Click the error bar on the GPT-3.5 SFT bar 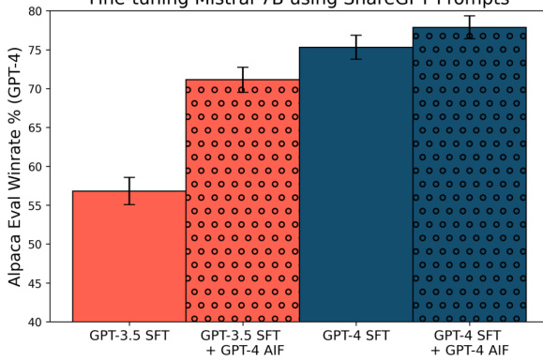[129, 190]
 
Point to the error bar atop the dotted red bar [242, 80]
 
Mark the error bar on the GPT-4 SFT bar [355, 47]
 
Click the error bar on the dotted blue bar [469, 27]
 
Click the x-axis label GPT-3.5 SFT [129, 335]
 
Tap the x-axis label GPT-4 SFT [355, 335]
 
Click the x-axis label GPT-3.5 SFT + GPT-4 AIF [242, 341]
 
